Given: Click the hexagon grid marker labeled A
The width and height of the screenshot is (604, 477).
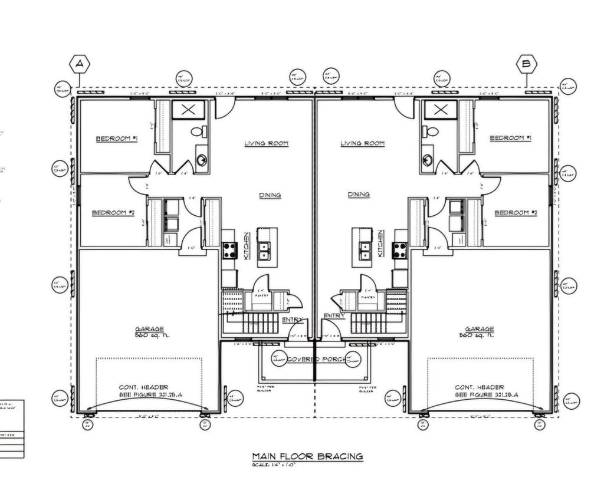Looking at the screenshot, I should click(79, 64).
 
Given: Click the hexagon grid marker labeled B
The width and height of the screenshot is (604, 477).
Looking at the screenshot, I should click(526, 64).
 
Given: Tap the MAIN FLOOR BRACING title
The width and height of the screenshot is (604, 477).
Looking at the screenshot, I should click(307, 456).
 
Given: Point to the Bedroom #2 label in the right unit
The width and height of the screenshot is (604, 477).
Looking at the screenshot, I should click(515, 212).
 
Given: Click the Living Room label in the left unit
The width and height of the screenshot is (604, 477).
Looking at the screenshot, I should click(266, 143).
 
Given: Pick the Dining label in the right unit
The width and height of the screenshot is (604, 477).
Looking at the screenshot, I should click(359, 195).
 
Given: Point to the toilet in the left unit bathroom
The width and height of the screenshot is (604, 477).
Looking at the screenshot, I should click(200, 131).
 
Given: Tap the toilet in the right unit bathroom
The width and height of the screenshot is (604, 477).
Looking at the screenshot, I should click(431, 131).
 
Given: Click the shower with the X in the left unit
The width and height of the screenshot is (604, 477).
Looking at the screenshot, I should click(189, 110).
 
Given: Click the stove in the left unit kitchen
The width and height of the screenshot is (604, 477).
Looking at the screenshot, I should click(228, 250).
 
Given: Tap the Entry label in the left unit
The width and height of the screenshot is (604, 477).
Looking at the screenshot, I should click(293, 320).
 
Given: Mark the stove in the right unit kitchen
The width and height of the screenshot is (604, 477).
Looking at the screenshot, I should click(401, 250).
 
